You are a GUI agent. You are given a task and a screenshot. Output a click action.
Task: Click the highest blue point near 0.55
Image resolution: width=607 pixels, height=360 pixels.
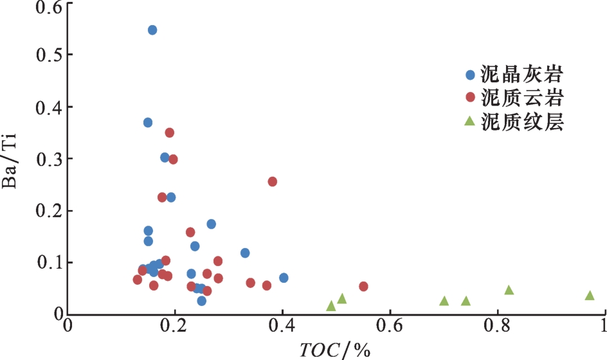152,30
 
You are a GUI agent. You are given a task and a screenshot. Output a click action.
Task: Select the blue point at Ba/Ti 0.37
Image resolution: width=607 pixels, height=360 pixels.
148,122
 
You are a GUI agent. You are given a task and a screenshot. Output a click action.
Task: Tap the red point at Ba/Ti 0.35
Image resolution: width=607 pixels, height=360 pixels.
170,132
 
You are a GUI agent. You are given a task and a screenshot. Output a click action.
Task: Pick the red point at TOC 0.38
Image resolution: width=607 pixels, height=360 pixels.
272,182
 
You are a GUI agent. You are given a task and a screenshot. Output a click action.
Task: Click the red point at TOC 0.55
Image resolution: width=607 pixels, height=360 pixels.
363,286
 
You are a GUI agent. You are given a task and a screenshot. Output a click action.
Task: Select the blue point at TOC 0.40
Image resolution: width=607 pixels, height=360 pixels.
284,278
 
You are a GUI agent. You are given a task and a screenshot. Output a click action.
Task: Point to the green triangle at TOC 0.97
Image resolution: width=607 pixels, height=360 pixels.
590,296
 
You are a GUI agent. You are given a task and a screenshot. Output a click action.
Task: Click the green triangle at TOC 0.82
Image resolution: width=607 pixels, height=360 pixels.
509,291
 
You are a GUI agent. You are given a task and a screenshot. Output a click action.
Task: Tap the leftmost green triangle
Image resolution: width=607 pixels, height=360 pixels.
331,306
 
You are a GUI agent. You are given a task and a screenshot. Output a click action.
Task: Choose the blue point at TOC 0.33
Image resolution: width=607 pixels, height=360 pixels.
245,253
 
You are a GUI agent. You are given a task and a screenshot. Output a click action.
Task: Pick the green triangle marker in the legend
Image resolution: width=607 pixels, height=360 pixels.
470,122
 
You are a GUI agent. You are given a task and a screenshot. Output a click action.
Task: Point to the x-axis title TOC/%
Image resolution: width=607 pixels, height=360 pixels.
335,350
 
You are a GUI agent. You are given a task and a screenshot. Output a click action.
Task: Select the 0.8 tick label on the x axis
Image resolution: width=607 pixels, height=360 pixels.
496,326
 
